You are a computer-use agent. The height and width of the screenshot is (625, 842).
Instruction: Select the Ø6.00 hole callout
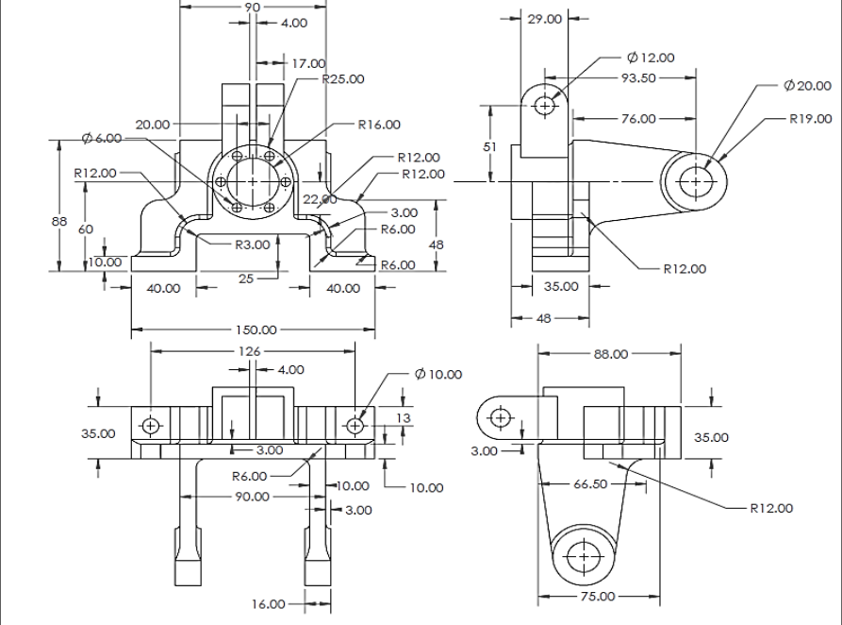pyautogui.click(x=102, y=138)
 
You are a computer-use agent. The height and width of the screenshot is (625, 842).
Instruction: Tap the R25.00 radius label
pyautogui.click(x=342, y=79)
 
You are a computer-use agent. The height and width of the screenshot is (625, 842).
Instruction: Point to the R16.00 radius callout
pyautogui.click(x=378, y=124)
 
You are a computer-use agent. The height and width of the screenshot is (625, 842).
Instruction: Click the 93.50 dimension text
pyautogui.click(x=638, y=78)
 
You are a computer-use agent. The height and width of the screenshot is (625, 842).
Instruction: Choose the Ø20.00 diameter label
pyautogui.click(x=807, y=86)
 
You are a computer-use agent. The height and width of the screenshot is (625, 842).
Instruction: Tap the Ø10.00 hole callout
pyautogui.click(x=438, y=374)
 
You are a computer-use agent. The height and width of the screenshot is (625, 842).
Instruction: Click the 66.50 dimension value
pyautogui.click(x=592, y=483)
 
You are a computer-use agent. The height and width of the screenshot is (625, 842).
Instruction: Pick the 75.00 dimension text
pyautogui.click(x=598, y=597)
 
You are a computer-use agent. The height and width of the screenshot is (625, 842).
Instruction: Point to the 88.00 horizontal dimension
pyautogui.click(x=609, y=354)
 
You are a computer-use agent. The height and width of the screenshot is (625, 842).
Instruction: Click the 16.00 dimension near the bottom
pyautogui.click(x=268, y=604)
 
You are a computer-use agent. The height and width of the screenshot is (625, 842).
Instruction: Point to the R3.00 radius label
pyautogui.click(x=253, y=244)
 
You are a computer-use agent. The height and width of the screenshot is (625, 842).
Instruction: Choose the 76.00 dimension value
pyautogui.click(x=638, y=118)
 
